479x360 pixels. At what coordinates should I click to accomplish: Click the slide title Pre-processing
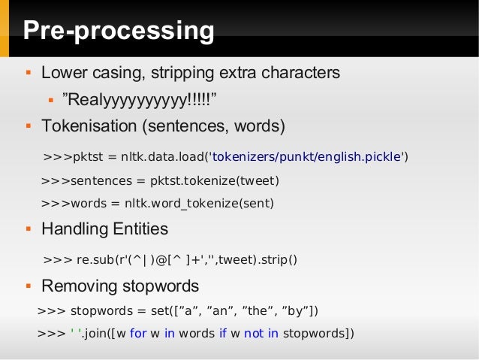click(x=119, y=32)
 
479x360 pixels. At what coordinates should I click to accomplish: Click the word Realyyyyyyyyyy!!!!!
click(x=143, y=99)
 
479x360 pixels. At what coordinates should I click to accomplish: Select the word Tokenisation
click(x=89, y=125)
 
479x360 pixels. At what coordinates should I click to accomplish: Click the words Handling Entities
click(x=104, y=228)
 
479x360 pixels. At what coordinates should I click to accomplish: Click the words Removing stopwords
click(x=120, y=286)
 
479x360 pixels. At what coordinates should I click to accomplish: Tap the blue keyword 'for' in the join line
click(x=138, y=332)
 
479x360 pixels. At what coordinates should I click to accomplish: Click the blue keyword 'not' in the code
click(x=253, y=332)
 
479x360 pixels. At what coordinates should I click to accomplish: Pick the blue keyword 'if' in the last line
click(x=223, y=332)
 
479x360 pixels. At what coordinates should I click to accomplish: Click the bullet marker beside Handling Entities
click(x=27, y=228)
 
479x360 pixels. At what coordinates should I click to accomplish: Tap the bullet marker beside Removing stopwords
click(x=27, y=286)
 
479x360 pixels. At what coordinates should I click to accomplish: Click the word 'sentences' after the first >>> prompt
click(x=98, y=181)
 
